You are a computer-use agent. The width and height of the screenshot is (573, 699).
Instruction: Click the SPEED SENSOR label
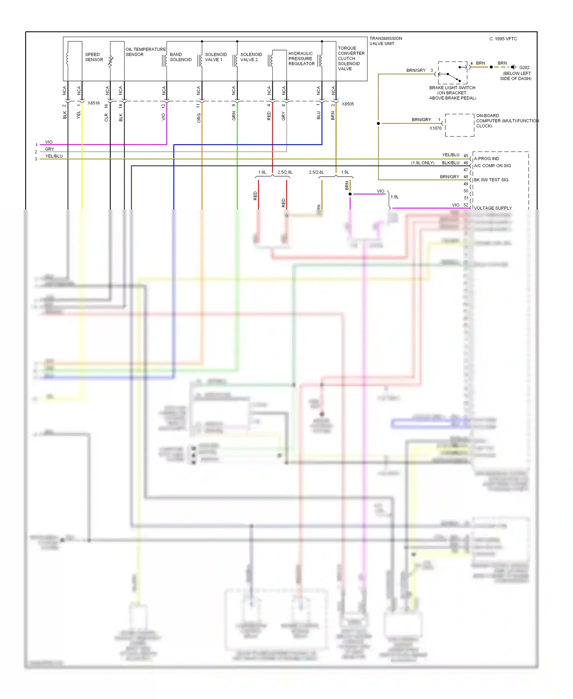pos(94,57)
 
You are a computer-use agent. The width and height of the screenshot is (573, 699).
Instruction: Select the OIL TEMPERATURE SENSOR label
pos(145,52)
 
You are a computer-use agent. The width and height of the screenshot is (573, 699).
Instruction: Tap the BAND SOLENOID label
pos(181,57)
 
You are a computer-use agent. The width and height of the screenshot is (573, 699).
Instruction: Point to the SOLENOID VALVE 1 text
pos(215,57)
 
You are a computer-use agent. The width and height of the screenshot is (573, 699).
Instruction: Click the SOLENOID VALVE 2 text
pos(251,57)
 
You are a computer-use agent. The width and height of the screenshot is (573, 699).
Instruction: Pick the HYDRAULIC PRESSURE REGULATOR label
pos(301,59)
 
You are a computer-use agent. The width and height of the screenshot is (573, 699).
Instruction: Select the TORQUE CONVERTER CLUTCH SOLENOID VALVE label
pos(351,59)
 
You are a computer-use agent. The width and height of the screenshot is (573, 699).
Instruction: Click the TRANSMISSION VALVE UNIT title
pos(385,41)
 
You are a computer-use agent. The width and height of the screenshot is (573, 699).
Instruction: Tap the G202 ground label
pos(524,67)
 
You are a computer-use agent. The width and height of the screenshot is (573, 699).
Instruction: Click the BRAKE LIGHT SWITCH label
pos(452,88)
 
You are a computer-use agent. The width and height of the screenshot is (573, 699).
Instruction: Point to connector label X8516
pos(94,103)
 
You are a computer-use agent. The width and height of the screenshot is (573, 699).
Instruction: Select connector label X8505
pos(348,104)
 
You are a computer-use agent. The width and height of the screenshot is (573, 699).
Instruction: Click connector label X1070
pos(435,128)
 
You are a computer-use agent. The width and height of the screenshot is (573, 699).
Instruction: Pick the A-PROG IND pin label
pos(486,159)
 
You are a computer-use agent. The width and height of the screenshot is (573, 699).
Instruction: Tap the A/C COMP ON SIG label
pos(492,166)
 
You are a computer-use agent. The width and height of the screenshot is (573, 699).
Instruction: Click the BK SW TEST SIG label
pos(491,180)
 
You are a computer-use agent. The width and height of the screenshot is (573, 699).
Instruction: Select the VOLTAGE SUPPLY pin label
pos(492,208)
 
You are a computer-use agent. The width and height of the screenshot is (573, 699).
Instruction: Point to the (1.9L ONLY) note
pos(422,163)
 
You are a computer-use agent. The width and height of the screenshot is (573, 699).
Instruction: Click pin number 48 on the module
pos(466,177)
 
